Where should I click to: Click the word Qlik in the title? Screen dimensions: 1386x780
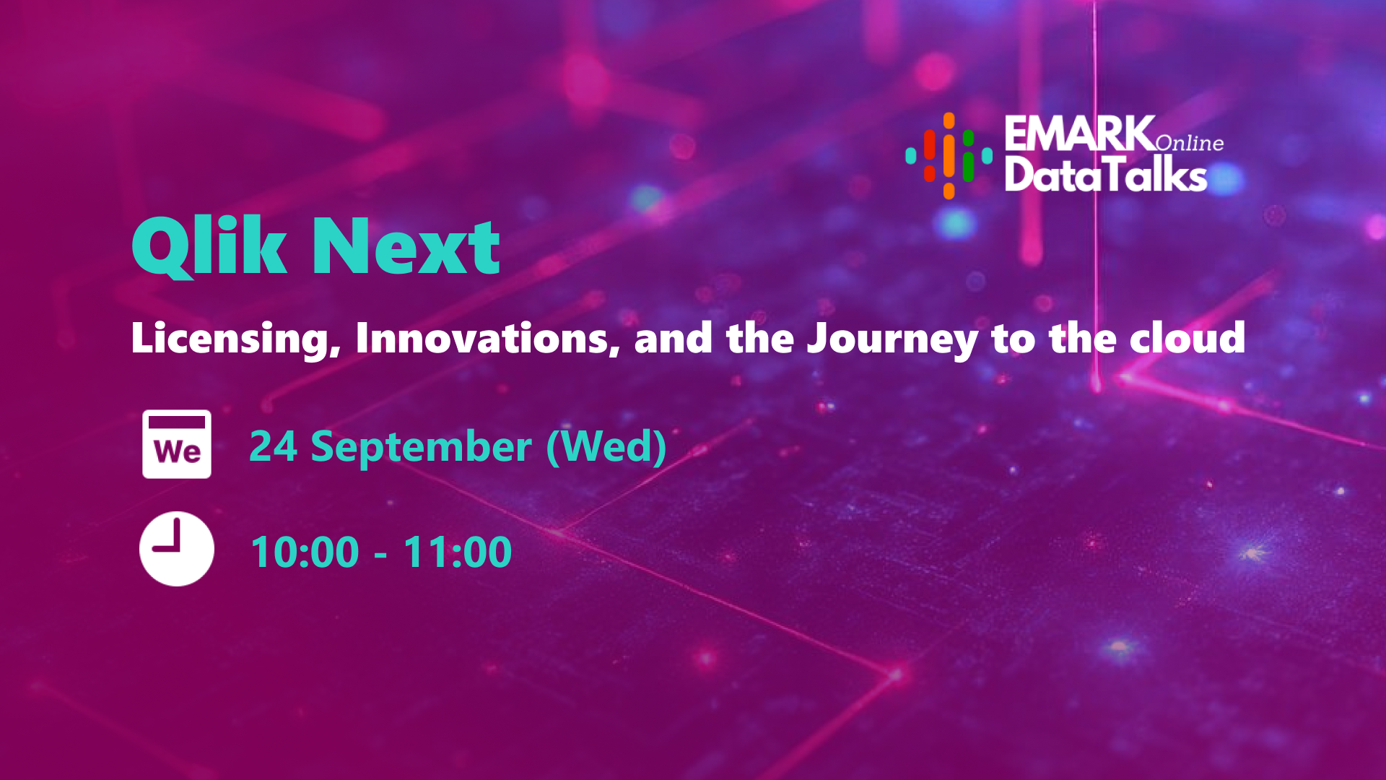point(209,247)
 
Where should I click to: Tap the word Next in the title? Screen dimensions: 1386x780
point(406,248)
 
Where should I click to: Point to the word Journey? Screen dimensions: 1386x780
point(892,339)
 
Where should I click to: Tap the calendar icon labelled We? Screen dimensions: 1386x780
point(177,444)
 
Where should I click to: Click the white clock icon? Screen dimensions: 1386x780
point(177,549)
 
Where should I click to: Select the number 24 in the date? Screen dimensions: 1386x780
point(273,446)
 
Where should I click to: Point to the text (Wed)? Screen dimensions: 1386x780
point(606,446)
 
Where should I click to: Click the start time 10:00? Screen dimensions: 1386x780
point(305,552)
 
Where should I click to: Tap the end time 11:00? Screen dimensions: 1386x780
point(458,552)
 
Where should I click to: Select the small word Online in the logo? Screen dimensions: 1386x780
point(1190,143)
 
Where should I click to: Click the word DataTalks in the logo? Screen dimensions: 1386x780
point(1106,175)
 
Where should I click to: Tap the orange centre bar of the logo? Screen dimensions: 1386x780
point(949,155)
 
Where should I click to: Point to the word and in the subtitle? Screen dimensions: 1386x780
point(674,338)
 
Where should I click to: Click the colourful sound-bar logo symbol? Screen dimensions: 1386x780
point(949,155)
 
